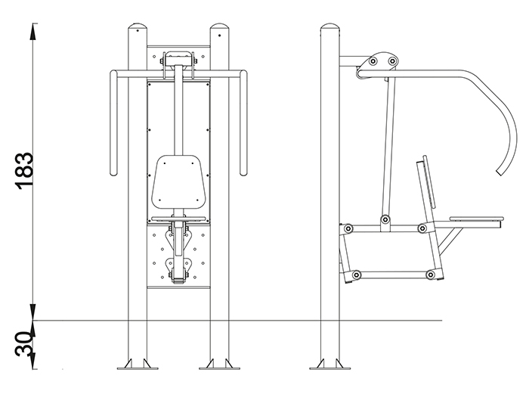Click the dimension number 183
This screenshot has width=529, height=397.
[x=24, y=171]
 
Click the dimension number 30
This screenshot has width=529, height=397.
[x=24, y=344]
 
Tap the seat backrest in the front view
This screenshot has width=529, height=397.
[x=178, y=182]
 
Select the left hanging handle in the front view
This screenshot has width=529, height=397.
[x=113, y=123]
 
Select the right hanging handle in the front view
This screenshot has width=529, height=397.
[x=243, y=123]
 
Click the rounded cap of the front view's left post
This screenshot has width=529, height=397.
[x=138, y=27]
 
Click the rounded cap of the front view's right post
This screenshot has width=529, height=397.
[x=220, y=27]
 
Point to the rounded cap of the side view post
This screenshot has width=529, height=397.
[x=330, y=27]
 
